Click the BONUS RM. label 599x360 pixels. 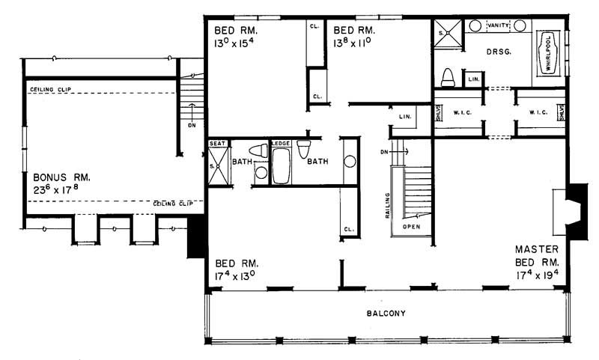(x=62, y=177)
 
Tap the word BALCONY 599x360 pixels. (x=386, y=314)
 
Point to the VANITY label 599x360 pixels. (x=497, y=25)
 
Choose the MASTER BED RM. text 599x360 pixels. (x=538, y=255)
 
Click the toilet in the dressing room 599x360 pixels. (x=449, y=77)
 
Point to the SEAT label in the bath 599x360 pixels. (x=217, y=143)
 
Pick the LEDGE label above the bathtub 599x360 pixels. (x=282, y=143)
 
